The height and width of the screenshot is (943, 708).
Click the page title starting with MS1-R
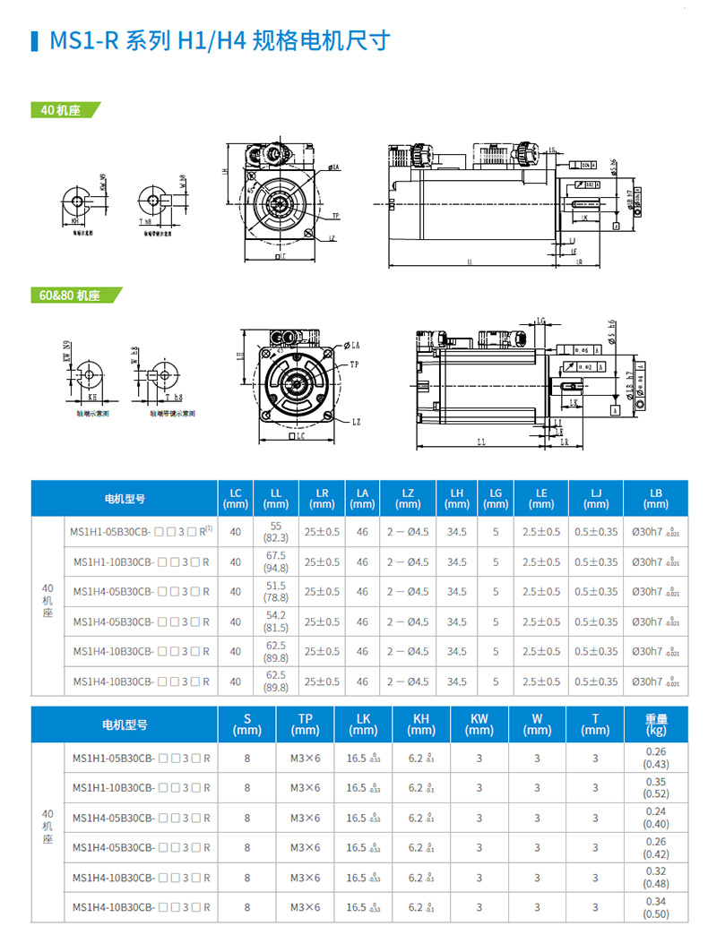pyautogui.click(x=220, y=40)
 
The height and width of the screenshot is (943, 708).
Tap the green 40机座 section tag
pyautogui.click(x=61, y=110)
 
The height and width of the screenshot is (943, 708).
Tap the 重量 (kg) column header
pyautogui.click(x=657, y=724)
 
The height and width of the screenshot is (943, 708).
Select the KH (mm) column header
pyautogui.click(x=421, y=724)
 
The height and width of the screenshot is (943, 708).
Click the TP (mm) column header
pyautogui.click(x=305, y=724)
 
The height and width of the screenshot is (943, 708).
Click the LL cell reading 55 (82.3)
pyautogui.click(x=275, y=532)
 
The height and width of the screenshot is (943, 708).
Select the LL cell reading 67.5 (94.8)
pyautogui.click(x=275, y=562)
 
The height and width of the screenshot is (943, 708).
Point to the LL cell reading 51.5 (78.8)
pyautogui.click(x=275, y=591)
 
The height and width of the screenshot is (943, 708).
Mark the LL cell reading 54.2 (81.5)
pyautogui.click(x=275, y=622)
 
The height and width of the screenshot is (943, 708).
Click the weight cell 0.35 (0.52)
pyautogui.click(x=656, y=787)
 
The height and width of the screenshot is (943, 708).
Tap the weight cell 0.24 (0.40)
pyautogui.click(x=656, y=818)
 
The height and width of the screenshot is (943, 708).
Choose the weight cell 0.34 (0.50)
pyautogui.click(x=656, y=907)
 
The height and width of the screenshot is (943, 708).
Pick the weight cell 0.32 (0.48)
pyautogui.click(x=656, y=877)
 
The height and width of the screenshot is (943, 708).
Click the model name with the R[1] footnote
pyautogui.click(x=141, y=532)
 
